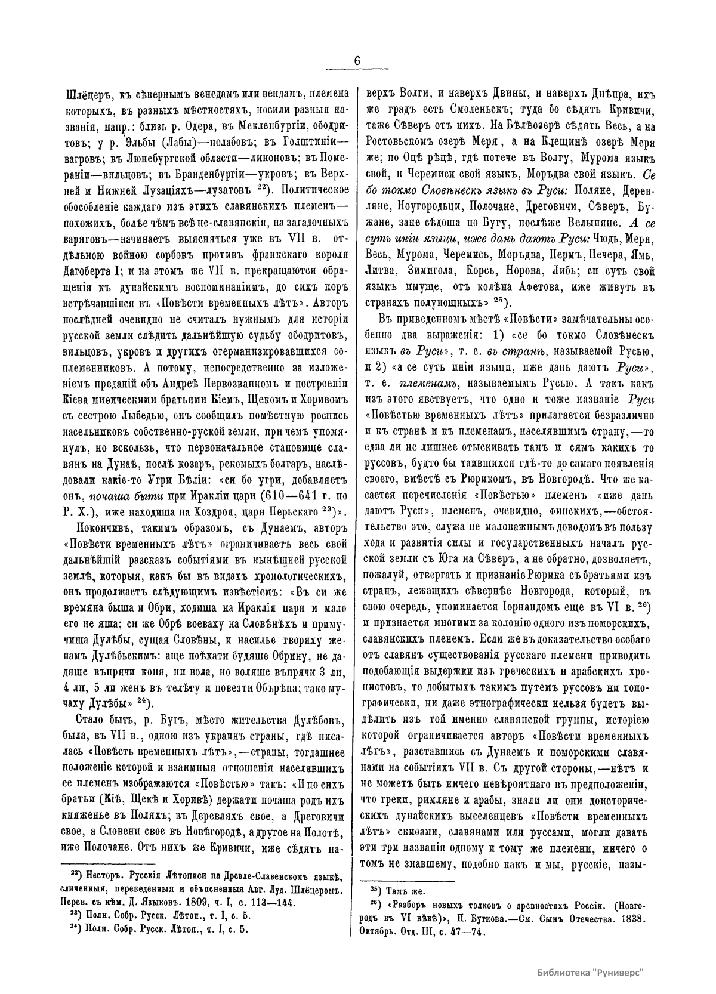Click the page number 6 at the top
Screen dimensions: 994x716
[x=357, y=61]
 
